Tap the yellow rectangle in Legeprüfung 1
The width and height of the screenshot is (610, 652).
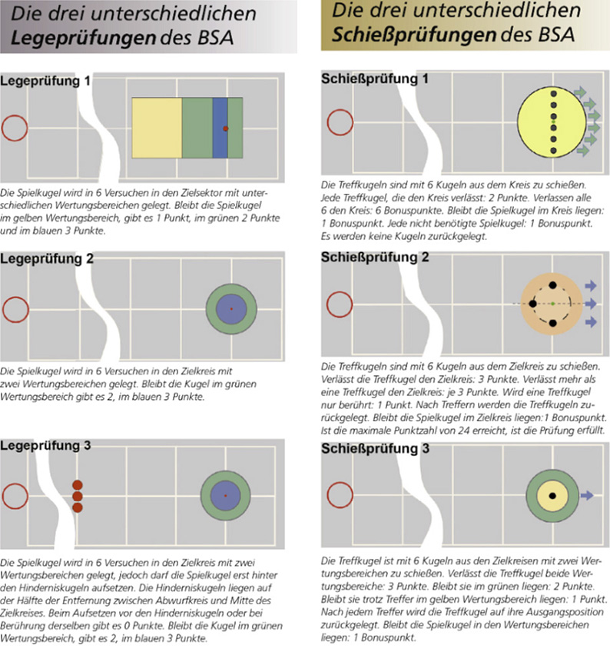(x=157, y=128)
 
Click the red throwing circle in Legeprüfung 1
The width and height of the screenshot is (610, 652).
(x=15, y=128)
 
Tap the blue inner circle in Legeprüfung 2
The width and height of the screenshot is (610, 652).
(x=230, y=308)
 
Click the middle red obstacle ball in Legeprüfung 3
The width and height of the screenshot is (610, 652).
(x=77, y=496)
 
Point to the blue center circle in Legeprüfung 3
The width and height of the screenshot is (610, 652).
(x=225, y=496)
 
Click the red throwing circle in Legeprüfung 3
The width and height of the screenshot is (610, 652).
(x=15, y=496)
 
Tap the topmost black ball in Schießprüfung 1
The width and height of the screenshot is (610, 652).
(x=553, y=95)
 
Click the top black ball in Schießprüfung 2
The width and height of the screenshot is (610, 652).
(x=553, y=285)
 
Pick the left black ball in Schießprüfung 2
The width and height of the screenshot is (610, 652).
(x=532, y=304)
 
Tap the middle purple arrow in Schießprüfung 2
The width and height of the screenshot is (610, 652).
(x=590, y=304)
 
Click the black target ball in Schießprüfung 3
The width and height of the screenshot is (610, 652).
(x=552, y=496)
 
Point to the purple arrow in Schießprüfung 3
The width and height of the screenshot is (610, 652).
(x=586, y=496)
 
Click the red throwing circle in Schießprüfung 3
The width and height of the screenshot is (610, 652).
(x=340, y=496)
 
